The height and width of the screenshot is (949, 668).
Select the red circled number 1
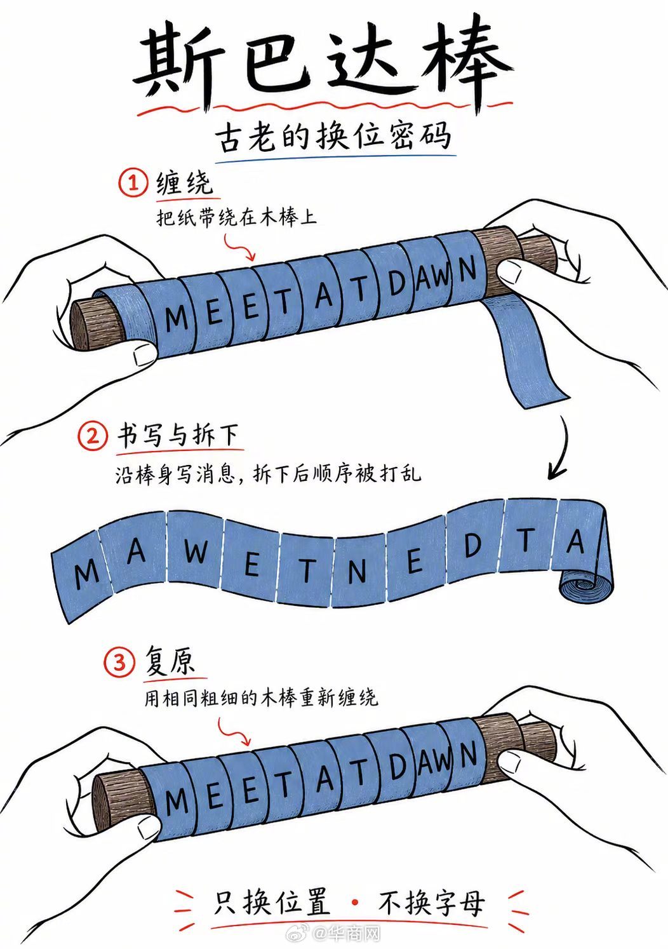(x=133, y=184)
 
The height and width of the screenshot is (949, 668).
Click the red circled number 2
(x=92, y=436)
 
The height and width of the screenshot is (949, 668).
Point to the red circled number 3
(x=119, y=662)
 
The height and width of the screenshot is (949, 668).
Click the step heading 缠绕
(x=184, y=184)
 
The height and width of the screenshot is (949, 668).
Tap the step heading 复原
(x=170, y=662)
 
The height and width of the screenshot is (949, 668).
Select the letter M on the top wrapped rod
(x=177, y=319)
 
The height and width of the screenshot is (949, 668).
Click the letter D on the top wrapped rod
(x=397, y=282)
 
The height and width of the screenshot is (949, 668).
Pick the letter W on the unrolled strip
(x=196, y=551)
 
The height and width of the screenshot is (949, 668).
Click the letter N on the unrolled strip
(x=357, y=572)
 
